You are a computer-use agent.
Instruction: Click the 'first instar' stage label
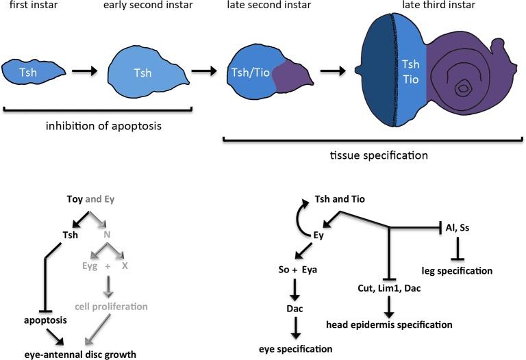coord(34,5)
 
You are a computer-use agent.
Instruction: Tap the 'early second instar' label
coord(148,5)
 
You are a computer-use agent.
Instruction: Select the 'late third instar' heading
coord(439,5)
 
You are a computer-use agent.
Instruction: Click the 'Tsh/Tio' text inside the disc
coord(251,73)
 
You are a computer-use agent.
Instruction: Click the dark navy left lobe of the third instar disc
coord(377,70)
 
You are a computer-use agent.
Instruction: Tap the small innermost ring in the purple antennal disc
coord(463,88)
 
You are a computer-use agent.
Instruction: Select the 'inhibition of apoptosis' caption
coord(103,126)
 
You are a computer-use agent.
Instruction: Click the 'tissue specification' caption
coord(379,155)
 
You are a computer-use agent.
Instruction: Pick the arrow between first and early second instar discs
coord(84,70)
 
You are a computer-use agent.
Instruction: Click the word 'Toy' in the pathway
coord(75,199)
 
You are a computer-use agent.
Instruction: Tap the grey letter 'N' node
coord(107,235)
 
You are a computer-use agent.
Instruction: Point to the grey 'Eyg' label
coord(90,266)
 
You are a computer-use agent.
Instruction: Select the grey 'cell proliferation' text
coord(111,307)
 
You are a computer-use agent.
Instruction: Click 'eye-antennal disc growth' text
coord(80,355)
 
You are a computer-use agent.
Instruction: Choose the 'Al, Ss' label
coord(458,228)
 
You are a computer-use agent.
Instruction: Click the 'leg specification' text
coord(457,270)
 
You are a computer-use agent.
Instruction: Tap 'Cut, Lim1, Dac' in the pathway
coord(389,288)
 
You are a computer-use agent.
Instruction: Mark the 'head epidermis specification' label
coord(389,324)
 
